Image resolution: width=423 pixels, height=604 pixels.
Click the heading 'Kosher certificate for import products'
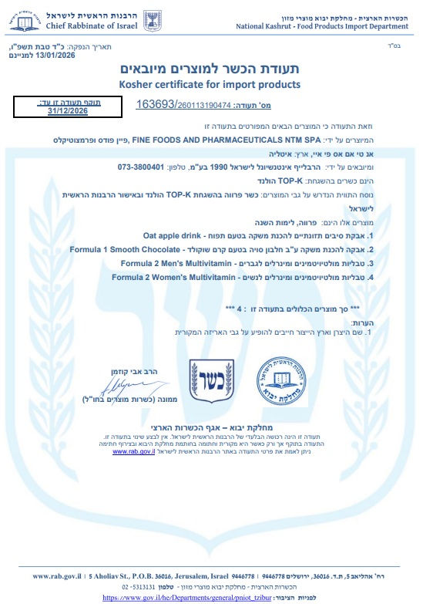210,84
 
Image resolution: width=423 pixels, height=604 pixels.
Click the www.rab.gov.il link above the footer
133,452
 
